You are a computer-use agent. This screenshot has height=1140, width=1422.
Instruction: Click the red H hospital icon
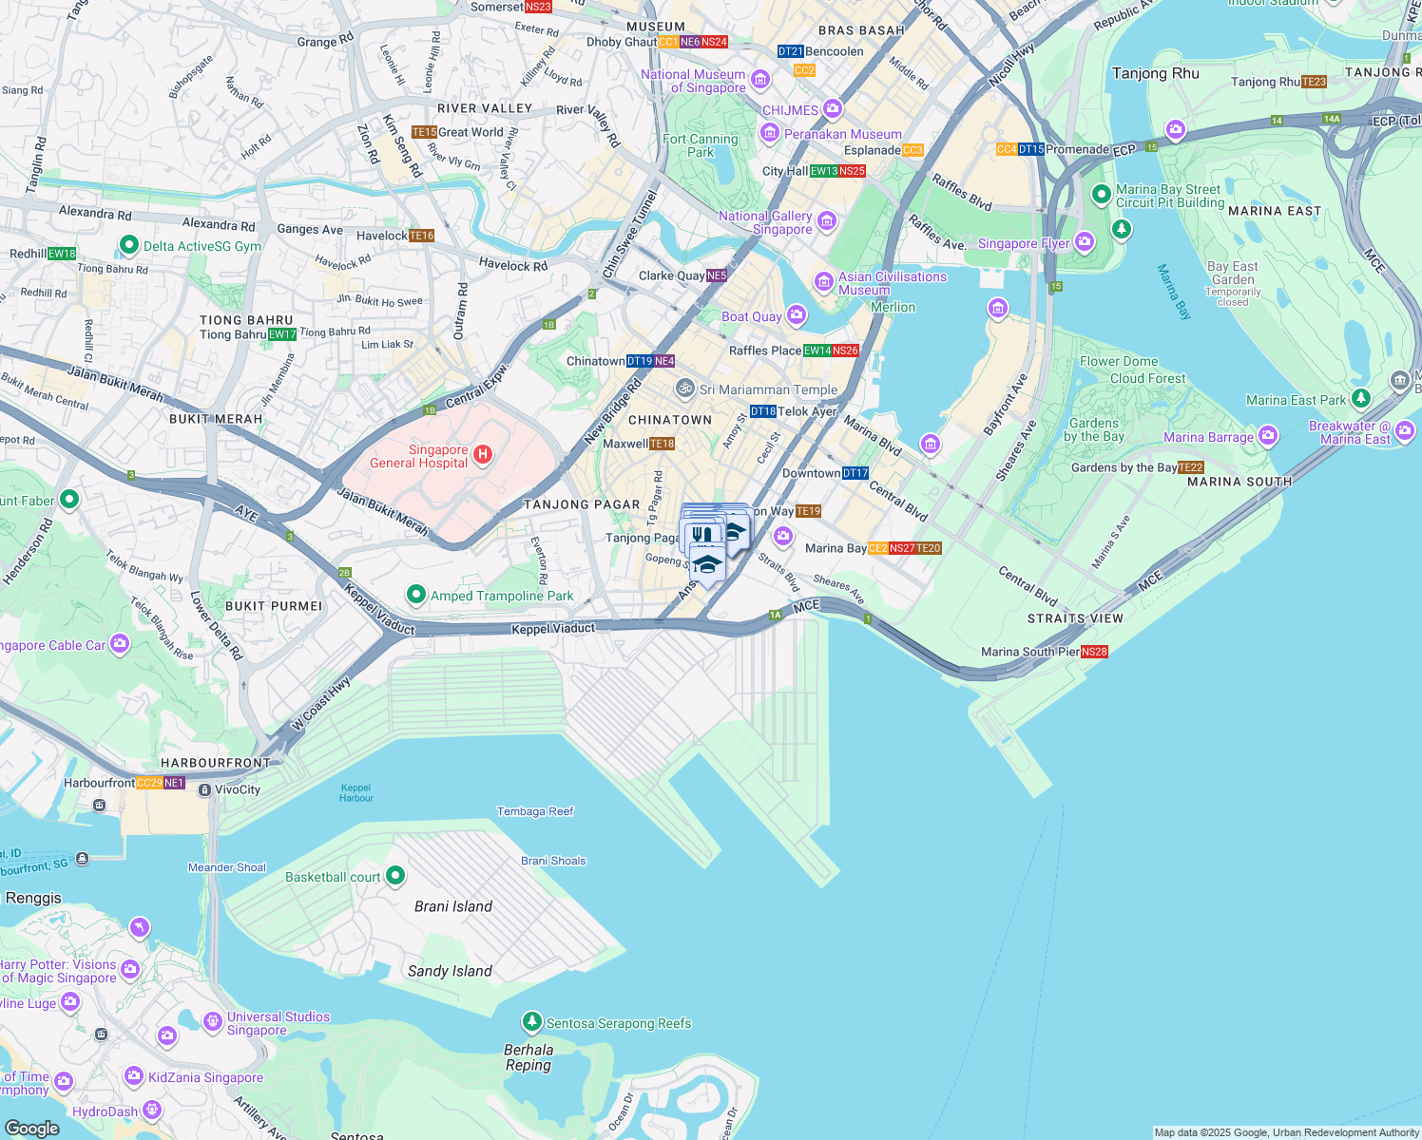pyautogui.click(x=483, y=454)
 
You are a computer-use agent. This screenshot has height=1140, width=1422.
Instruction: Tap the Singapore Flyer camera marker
pyautogui.click(x=1085, y=243)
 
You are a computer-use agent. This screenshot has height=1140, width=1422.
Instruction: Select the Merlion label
pyautogui.click(x=893, y=307)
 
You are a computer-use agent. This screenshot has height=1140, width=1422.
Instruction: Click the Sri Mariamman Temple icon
pyautogui.click(x=684, y=389)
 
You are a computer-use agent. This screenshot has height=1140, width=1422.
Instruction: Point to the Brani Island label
pyautogui.click(x=453, y=906)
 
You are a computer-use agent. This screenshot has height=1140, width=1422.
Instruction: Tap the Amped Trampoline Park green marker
pyautogui.click(x=415, y=595)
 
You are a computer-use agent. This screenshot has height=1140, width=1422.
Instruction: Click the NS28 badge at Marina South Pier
pyautogui.click(x=1094, y=652)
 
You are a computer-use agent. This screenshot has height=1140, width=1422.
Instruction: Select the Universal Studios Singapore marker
pyautogui.click(x=213, y=1022)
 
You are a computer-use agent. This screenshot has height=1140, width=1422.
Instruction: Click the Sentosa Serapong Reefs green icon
pyautogui.click(x=532, y=1022)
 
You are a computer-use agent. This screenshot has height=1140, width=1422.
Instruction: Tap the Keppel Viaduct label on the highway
pyautogui.click(x=553, y=629)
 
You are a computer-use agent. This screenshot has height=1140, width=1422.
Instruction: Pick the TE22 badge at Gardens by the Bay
pyautogui.click(x=1191, y=467)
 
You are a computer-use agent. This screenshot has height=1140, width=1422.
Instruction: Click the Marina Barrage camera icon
pyautogui.click(x=1268, y=436)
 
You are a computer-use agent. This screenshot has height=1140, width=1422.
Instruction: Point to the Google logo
pyautogui.click(x=31, y=1128)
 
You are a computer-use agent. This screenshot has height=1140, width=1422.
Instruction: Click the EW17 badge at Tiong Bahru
pyautogui.click(x=282, y=334)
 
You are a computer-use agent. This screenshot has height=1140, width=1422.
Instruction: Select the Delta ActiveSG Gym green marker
pyautogui.click(x=128, y=245)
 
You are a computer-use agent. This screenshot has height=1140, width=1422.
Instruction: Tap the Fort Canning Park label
pyautogui.click(x=701, y=145)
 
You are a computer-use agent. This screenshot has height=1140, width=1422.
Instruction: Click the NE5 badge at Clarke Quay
pyautogui.click(x=717, y=275)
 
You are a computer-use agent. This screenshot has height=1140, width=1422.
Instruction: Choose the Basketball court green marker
pyautogui.click(x=395, y=876)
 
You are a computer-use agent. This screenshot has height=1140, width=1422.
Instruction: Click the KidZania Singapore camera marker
pyautogui.click(x=134, y=1076)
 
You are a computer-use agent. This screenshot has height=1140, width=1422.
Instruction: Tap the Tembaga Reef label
pyautogui.click(x=535, y=811)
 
